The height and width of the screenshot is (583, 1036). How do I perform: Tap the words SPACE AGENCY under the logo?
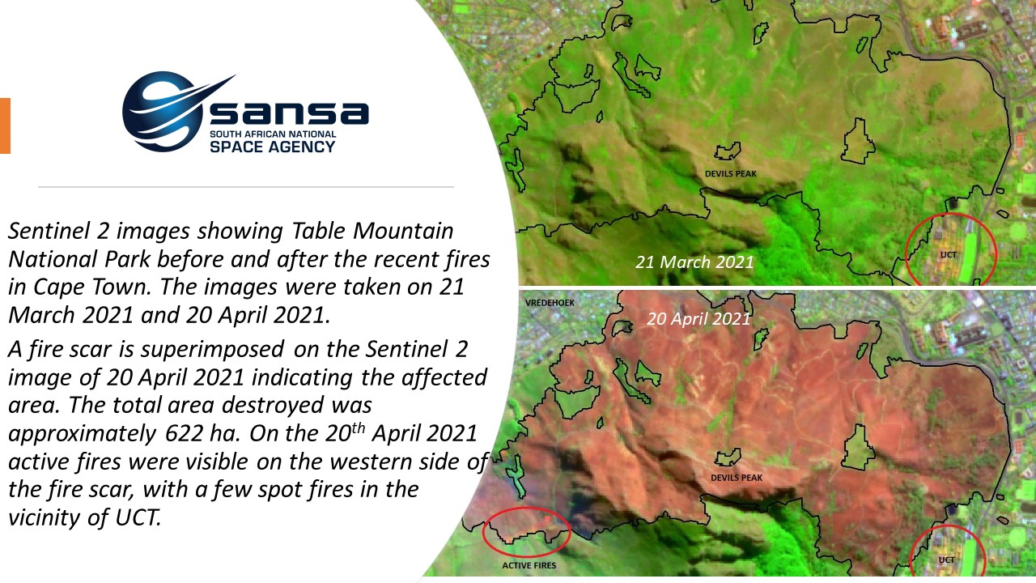[272, 147]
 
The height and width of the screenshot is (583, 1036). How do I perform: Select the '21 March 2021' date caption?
[694, 262]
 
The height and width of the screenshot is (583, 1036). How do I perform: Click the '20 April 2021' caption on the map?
[698, 319]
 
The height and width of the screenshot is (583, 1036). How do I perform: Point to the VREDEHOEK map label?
[550, 303]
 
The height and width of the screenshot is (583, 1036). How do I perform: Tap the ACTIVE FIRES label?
[529, 565]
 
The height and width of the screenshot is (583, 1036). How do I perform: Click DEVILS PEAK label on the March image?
[730, 174]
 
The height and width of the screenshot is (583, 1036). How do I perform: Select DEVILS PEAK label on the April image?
[737, 478]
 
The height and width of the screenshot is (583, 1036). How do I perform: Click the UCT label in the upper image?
[948, 255]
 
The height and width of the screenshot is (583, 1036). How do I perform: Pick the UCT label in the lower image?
[946, 560]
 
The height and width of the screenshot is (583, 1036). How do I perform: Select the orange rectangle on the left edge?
[5, 126]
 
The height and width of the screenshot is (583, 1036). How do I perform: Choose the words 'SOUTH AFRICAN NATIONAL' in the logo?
[273, 134]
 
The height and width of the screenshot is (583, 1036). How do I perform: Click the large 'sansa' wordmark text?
[290, 113]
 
